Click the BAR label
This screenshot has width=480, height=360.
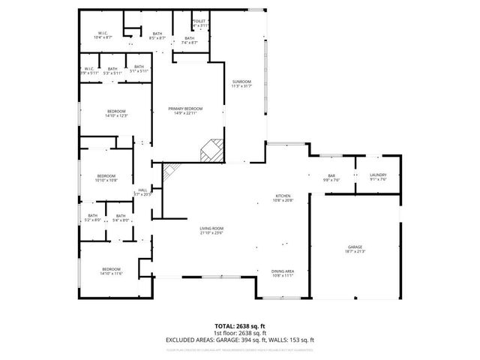coord(331,177)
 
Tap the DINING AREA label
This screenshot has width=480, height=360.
coord(282,273)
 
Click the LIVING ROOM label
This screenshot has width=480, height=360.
coord(211,230)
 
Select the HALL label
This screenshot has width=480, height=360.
coord(142,191)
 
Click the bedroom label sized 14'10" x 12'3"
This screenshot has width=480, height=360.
coord(116,113)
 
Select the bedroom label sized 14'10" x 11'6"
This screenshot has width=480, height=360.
coord(111,271)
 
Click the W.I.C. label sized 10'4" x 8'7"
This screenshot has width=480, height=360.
coord(104,34)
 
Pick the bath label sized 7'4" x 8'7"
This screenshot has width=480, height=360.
coord(189,40)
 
